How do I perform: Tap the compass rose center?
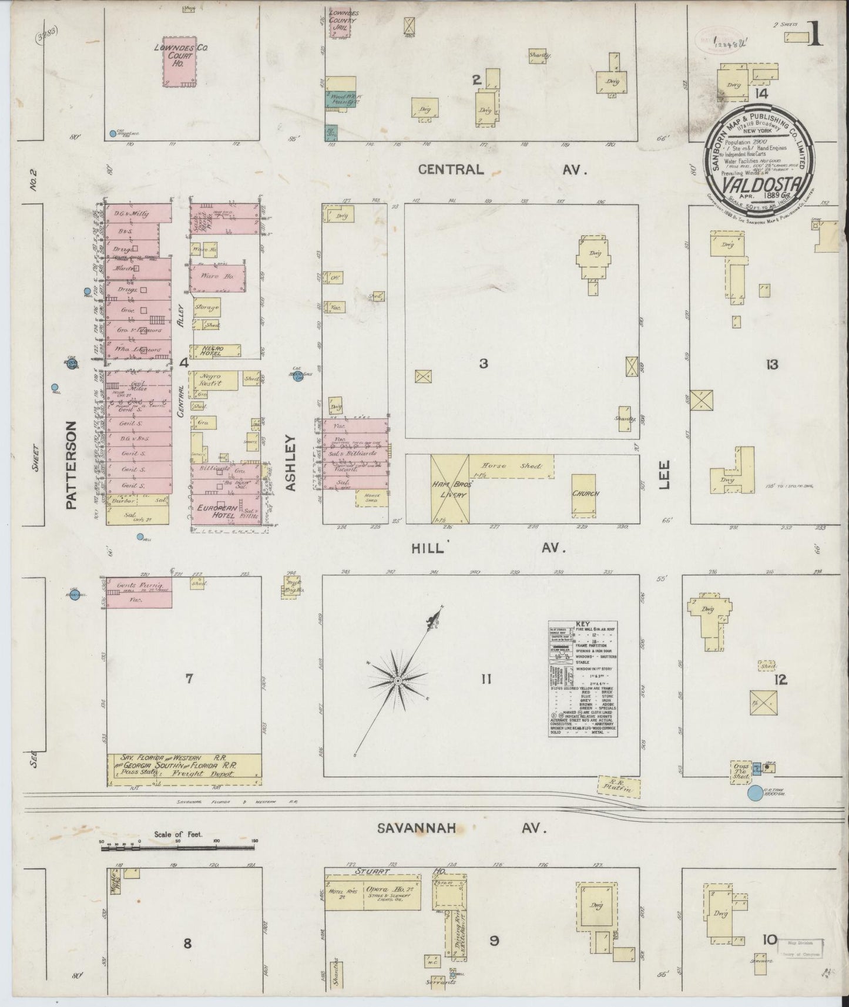click(397, 680)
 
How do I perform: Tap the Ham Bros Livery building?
click(450, 489)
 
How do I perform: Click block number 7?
click(189, 679)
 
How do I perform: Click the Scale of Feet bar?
click(178, 847)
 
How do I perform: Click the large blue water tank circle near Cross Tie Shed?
click(754, 794)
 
